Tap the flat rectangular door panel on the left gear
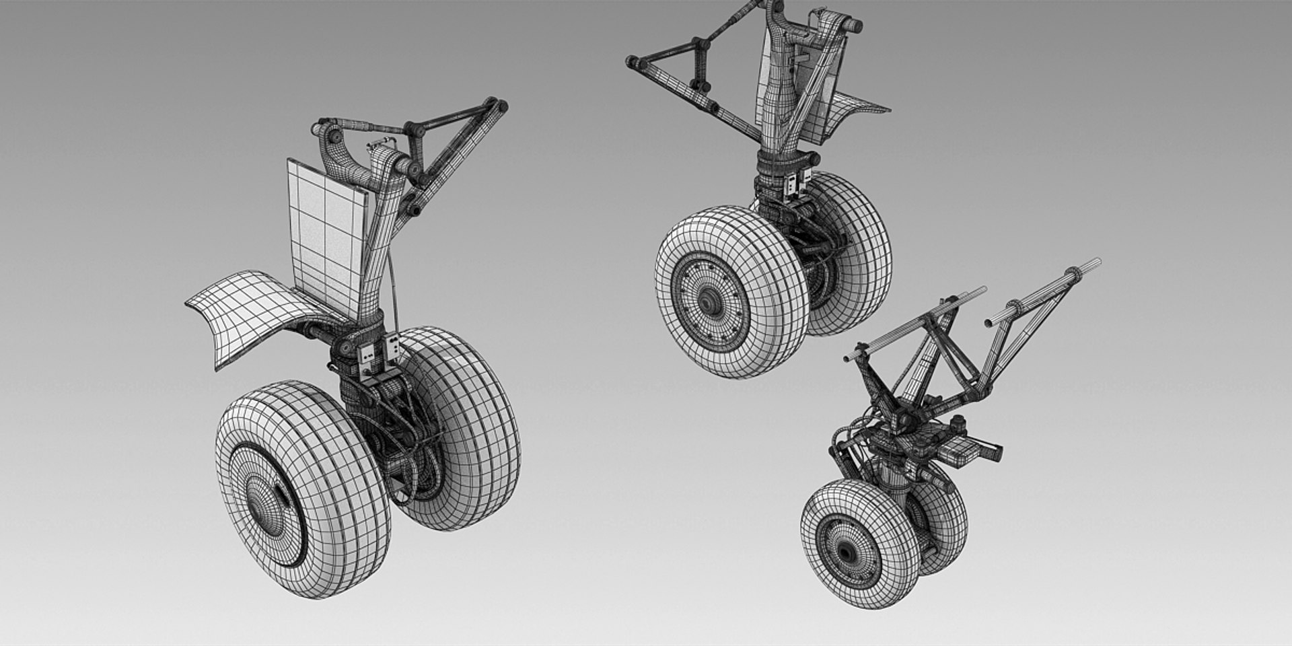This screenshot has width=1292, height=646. [327, 232]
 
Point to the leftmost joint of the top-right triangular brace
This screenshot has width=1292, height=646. [633, 63]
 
